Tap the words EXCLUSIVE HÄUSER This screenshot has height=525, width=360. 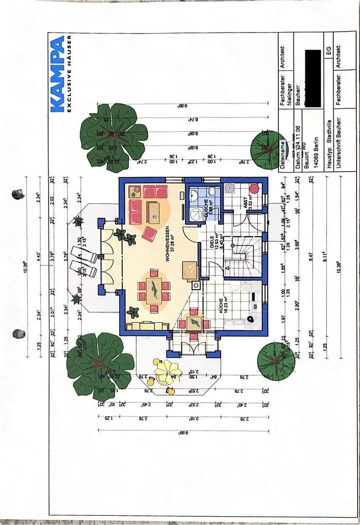[x=70, y=73]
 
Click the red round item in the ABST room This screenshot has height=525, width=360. [x=253, y=188]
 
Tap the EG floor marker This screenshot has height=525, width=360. [x=328, y=51]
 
